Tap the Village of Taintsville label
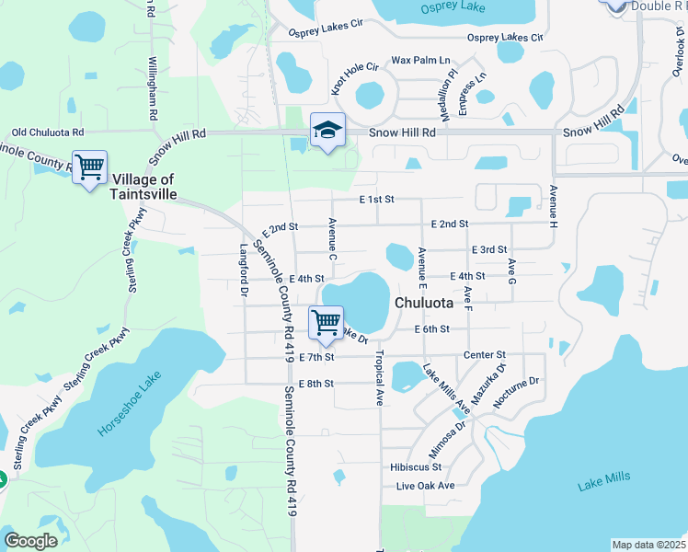[x=143, y=187]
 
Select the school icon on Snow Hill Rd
[x=327, y=131]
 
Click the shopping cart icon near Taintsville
[x=89, y=168]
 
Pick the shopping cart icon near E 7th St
[x=327, y=323]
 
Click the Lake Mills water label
[x=603, y=480]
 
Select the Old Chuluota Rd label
[x=47, y=132]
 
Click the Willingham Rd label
[x=153, y=91]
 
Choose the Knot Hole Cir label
[x=355, y=80]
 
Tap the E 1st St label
[x=376, y=199]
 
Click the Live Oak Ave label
[x=426, y=485]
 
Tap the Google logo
[x=30, y=541]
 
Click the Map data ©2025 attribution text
[x=648, y=545]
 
